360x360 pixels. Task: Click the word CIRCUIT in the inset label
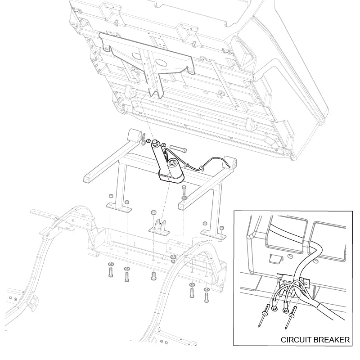coord(296,340)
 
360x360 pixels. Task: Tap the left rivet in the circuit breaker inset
coord(263,315)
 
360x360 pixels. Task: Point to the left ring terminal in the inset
coord(274,305)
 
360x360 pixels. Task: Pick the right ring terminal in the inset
coord(286,308)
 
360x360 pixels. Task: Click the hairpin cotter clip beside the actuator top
coord(144,140)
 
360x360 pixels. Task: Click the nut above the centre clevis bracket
coord(152,212)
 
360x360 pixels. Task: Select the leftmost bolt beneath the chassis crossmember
coord(110,273)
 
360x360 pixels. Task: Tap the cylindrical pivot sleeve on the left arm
coord(134,135)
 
